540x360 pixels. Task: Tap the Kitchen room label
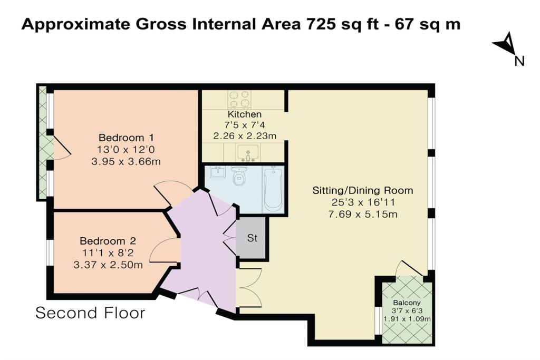coord(245,114)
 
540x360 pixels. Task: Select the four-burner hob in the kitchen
coord(240,99)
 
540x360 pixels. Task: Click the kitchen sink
coord(248,153)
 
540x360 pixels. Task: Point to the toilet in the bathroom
coord(238,176)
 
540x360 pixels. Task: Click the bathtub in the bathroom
coord(274,189)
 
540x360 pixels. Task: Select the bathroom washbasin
coord(217,172)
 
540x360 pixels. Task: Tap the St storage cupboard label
coord(252,238)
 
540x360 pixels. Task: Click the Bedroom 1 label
coord(126,138)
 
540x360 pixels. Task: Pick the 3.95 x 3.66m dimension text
coord(126,161)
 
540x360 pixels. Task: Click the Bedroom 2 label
coord(108,241)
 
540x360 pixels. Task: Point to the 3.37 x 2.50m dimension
coord(108,265)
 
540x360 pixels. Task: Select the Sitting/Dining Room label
coord(363,190)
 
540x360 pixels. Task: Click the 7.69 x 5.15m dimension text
coord(363,215)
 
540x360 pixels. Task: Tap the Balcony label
coord(407,303)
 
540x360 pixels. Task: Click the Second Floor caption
coord(90,313)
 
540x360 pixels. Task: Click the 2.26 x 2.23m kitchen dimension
coord(245,136)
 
